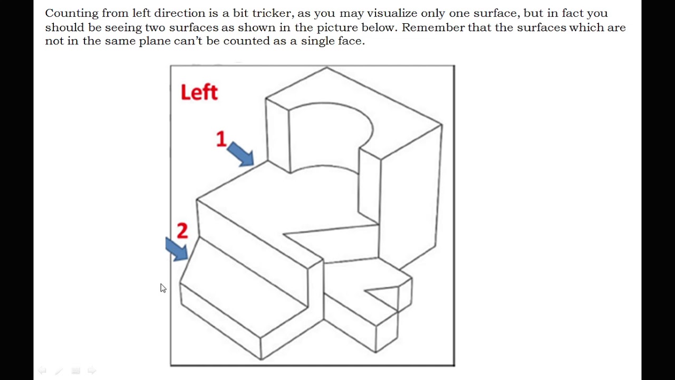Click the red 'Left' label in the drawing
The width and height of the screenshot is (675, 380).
click(199, 92)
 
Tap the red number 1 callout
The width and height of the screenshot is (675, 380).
click(221, 139)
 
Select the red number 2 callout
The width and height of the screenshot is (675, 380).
click(182, 231)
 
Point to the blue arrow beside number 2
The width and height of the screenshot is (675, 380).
click(176, 249)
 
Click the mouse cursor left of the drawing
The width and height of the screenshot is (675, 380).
click(163, 288)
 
